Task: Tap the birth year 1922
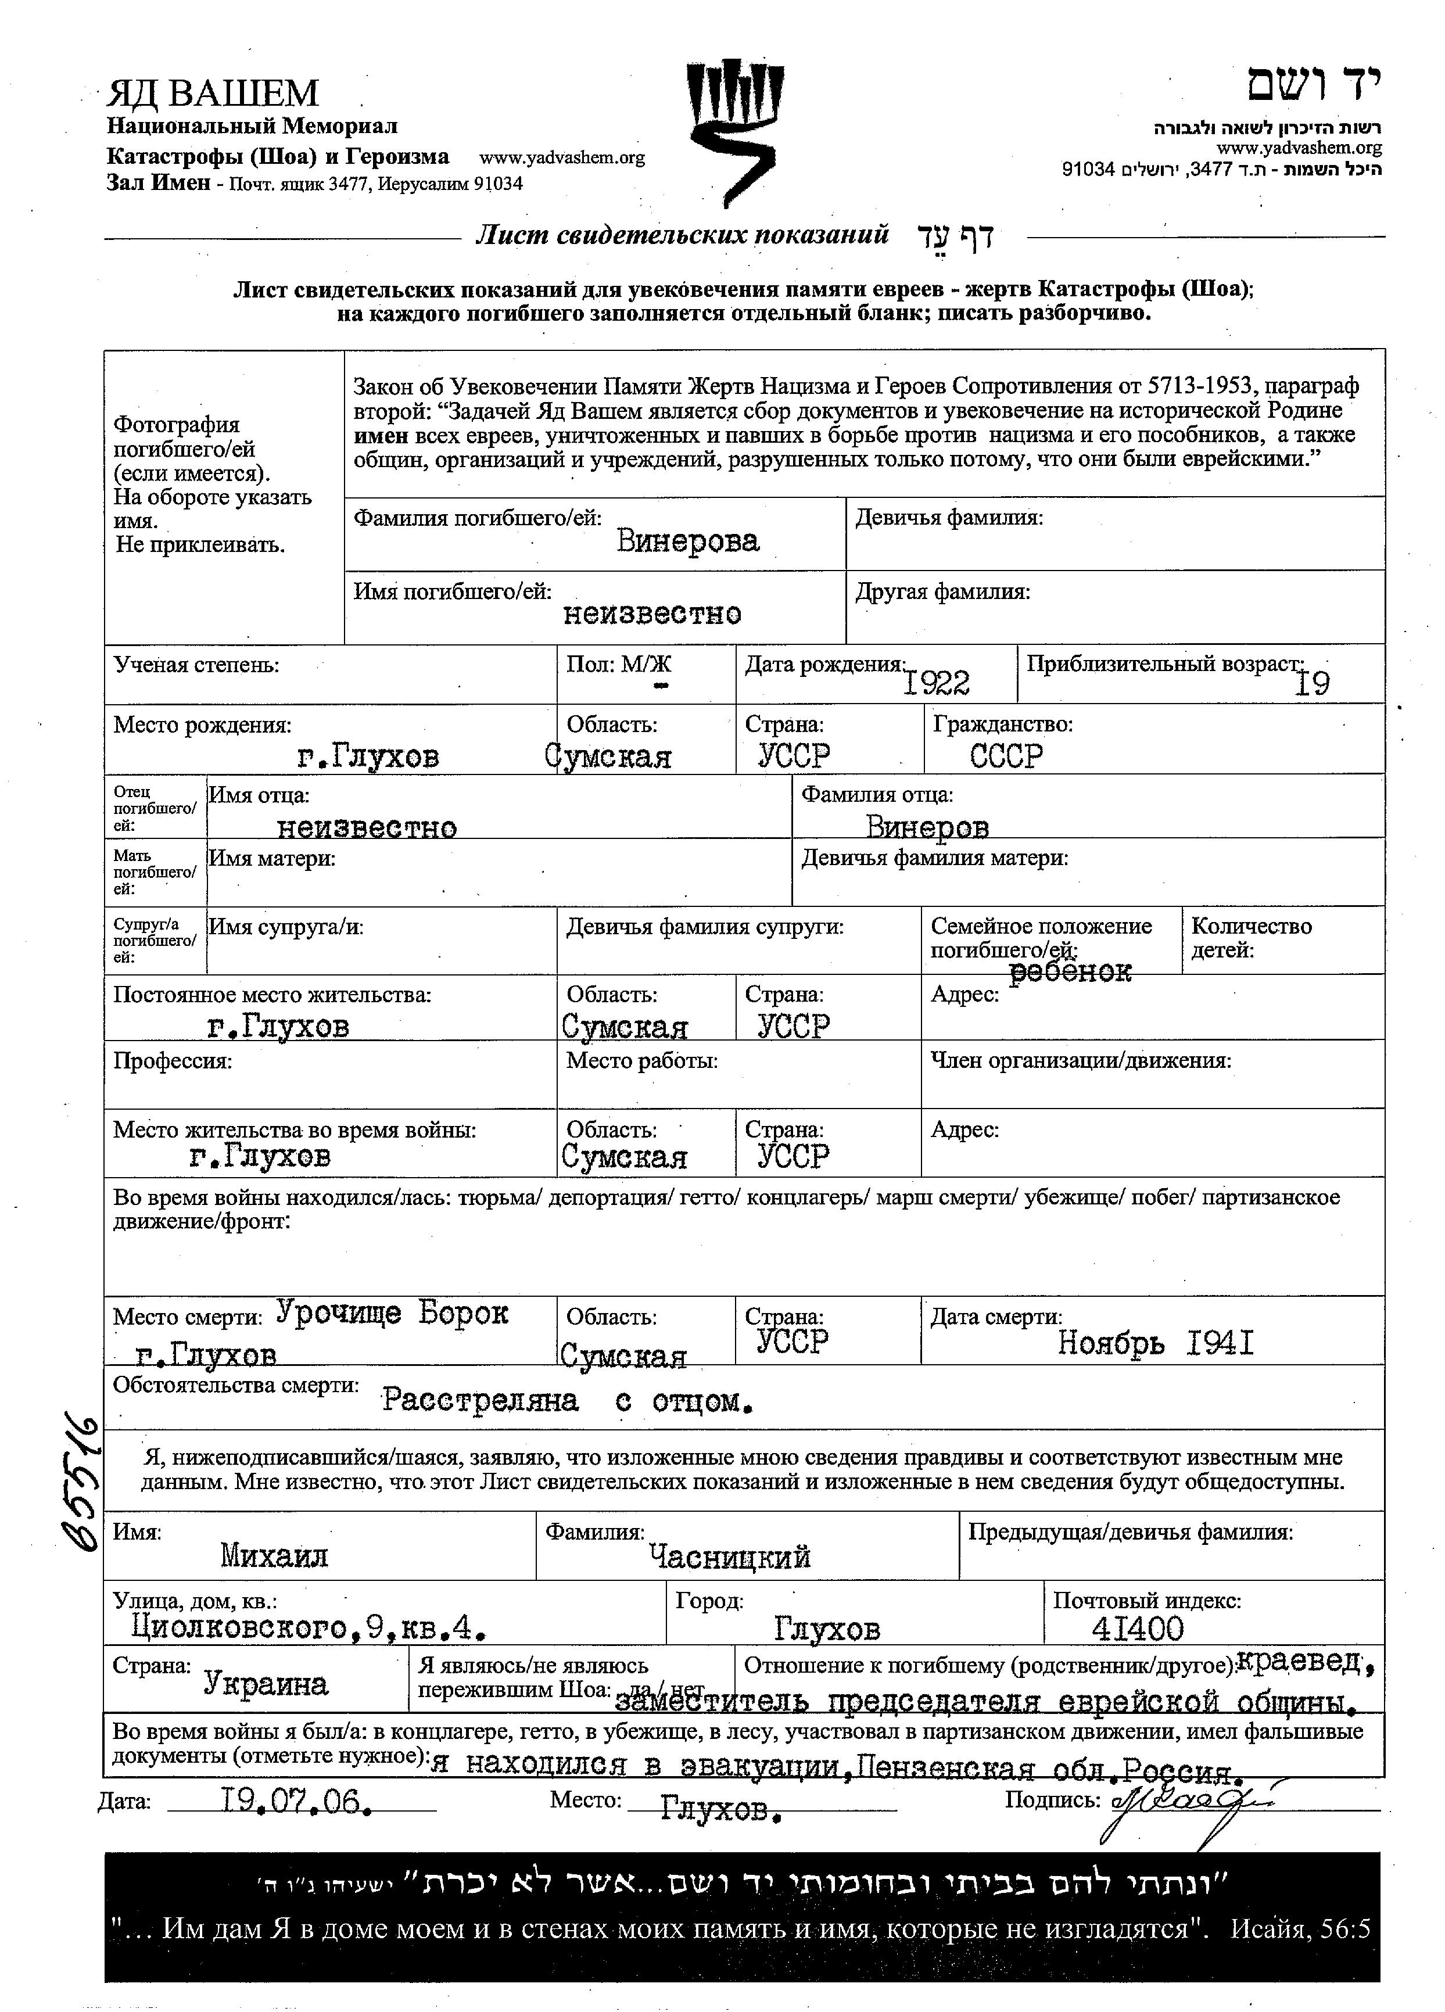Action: (936, 682)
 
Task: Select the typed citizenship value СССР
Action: (1006, 756)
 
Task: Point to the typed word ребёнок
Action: (1071, 971)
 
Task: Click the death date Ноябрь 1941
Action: (1155, 1344)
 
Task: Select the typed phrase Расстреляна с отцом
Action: (568, 1401)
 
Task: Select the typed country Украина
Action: (266, 1683)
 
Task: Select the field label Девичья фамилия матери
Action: (934, 858)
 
